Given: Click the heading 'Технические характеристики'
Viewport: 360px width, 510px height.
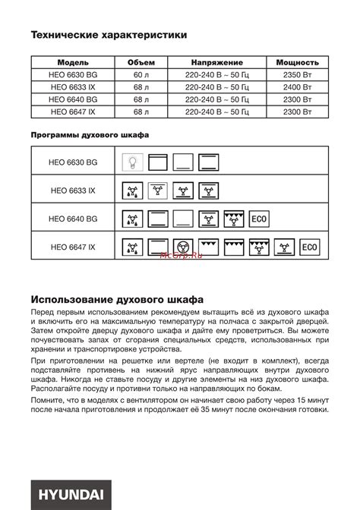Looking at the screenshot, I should [x=109, y=35].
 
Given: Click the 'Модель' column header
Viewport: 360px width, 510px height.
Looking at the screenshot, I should [x=72, y=61].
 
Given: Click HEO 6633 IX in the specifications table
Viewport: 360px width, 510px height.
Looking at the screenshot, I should [x=72, y=87].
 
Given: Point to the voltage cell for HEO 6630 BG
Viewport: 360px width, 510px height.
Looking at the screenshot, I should [x=216, y=76].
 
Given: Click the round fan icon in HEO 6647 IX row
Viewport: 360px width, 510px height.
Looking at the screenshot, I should [x=182, y=247].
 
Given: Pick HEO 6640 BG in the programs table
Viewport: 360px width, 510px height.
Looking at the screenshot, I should [x=73, y=219].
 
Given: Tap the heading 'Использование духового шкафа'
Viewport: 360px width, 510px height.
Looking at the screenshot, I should [x=117, y=299].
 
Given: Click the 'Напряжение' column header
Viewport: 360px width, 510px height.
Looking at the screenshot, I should [x=216, y=61].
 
